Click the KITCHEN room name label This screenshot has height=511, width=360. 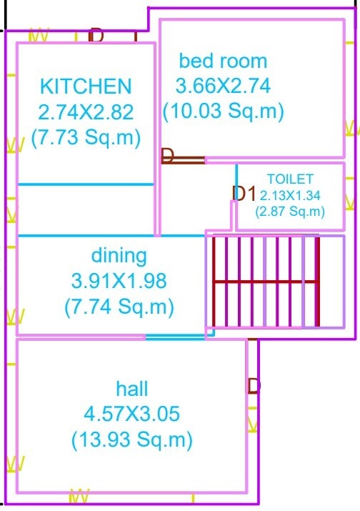pos(86,86)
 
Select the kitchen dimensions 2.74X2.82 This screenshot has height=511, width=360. pos(86,111)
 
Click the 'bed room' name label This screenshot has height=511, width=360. pos(223,61)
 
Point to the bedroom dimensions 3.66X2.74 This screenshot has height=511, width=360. pos(223,86)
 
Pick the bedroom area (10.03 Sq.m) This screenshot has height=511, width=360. pos(223,111)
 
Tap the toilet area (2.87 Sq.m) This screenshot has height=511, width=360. pos(290,212)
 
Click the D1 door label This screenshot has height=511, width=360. pos(244,193)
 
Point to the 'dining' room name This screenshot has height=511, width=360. pos(119,255)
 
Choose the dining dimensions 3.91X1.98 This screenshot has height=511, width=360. pos(119,280)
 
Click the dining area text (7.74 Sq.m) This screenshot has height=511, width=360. pos(119,306)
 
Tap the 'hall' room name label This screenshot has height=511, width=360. pos(132,389)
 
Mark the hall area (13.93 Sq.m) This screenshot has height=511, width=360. pos(132,438)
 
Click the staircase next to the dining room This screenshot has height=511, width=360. pos(264,280)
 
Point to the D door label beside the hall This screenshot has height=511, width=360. pos(254,387)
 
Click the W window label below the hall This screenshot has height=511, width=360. pos(79,495)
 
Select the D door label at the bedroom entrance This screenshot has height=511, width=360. pos(168,156)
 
